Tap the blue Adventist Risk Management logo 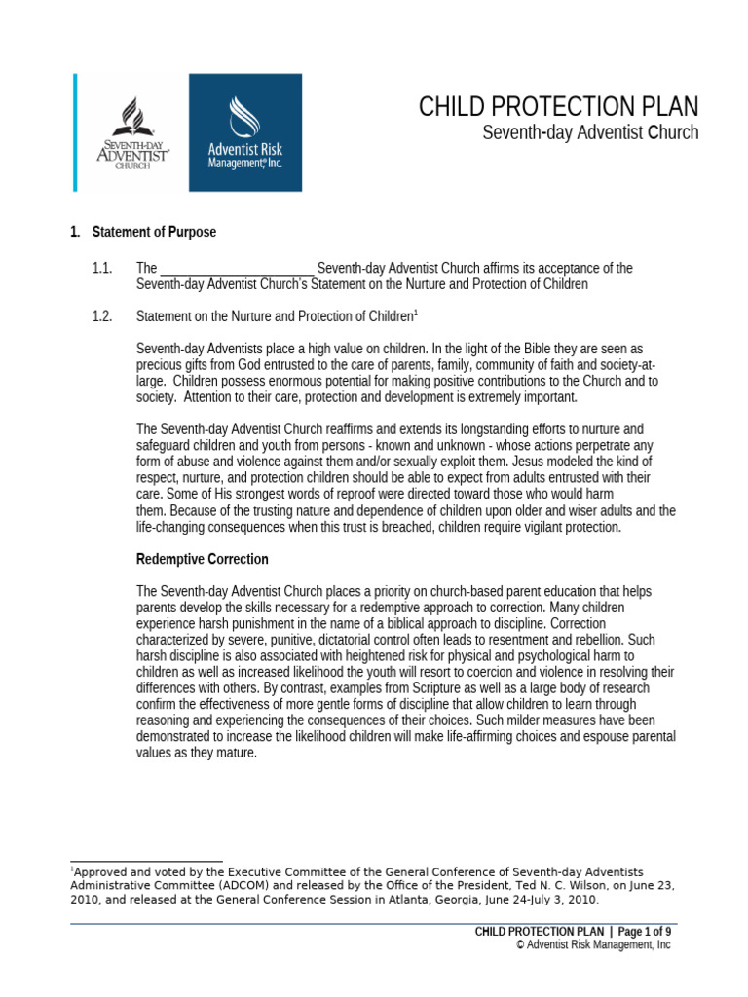244,131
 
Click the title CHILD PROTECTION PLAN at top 558,107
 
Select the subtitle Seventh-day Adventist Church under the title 590,132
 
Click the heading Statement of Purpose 154,232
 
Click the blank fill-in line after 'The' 237,269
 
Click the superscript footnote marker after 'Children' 416,312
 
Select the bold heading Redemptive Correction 203,559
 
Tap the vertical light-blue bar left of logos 74,131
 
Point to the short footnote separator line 147,861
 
